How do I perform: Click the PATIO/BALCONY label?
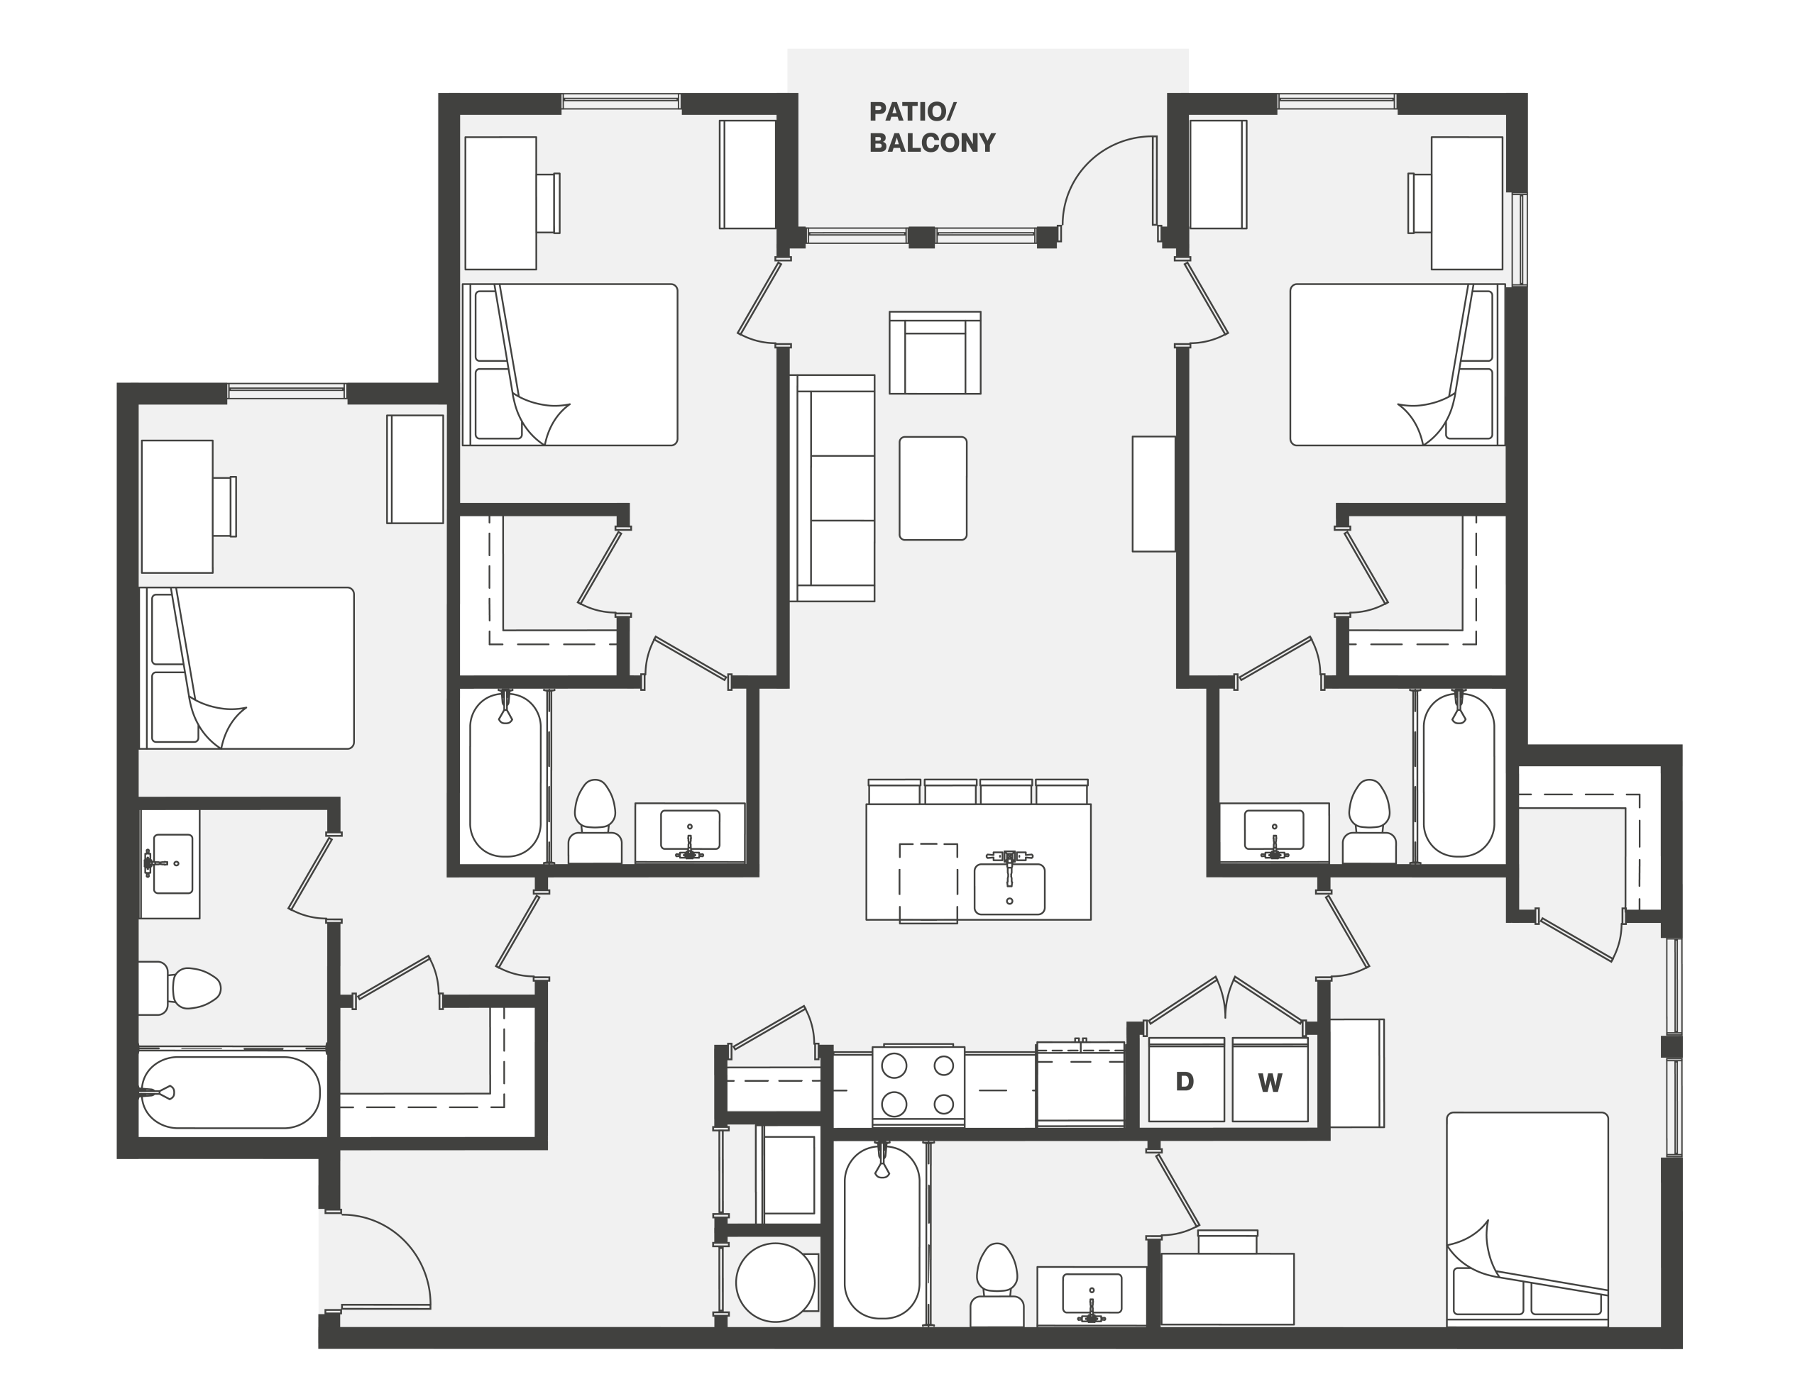[x=932, y=128]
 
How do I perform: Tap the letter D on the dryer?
[x=1184, y=1082]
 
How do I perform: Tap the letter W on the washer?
[x=1270, y=1083]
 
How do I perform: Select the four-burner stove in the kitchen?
[x=918, y=1086]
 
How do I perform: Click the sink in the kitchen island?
[x=1009, y=887]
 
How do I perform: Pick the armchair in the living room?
[x=935, y=353]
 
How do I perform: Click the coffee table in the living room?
[x=933, y=489]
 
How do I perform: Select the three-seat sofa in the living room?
[x=833, y=489]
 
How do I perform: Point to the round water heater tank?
[x=774, y=1283]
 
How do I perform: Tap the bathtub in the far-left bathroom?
[x=230, y=1092]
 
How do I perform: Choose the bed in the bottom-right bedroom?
[x=1527, y=1219]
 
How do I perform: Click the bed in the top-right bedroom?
[x=1397, y=365]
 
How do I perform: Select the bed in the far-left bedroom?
[x=246, y=668]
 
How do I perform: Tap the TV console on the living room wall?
[x=1153, y=494]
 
